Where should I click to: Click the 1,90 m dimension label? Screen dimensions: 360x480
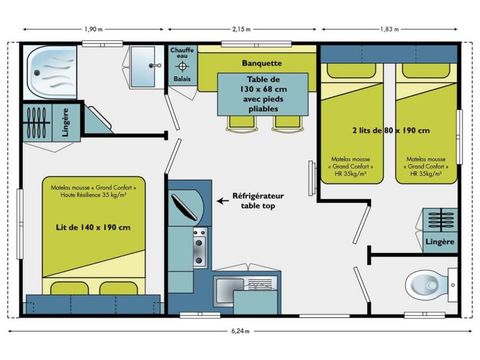(x=96, y=29)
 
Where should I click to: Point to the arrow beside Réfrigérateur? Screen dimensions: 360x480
(x=224, y=201)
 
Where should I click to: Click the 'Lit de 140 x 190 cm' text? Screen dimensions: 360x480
(x=94, y=227)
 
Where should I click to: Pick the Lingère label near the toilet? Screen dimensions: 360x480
(x=439, y=241)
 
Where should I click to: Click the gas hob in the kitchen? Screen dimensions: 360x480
(x=197, y=241)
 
